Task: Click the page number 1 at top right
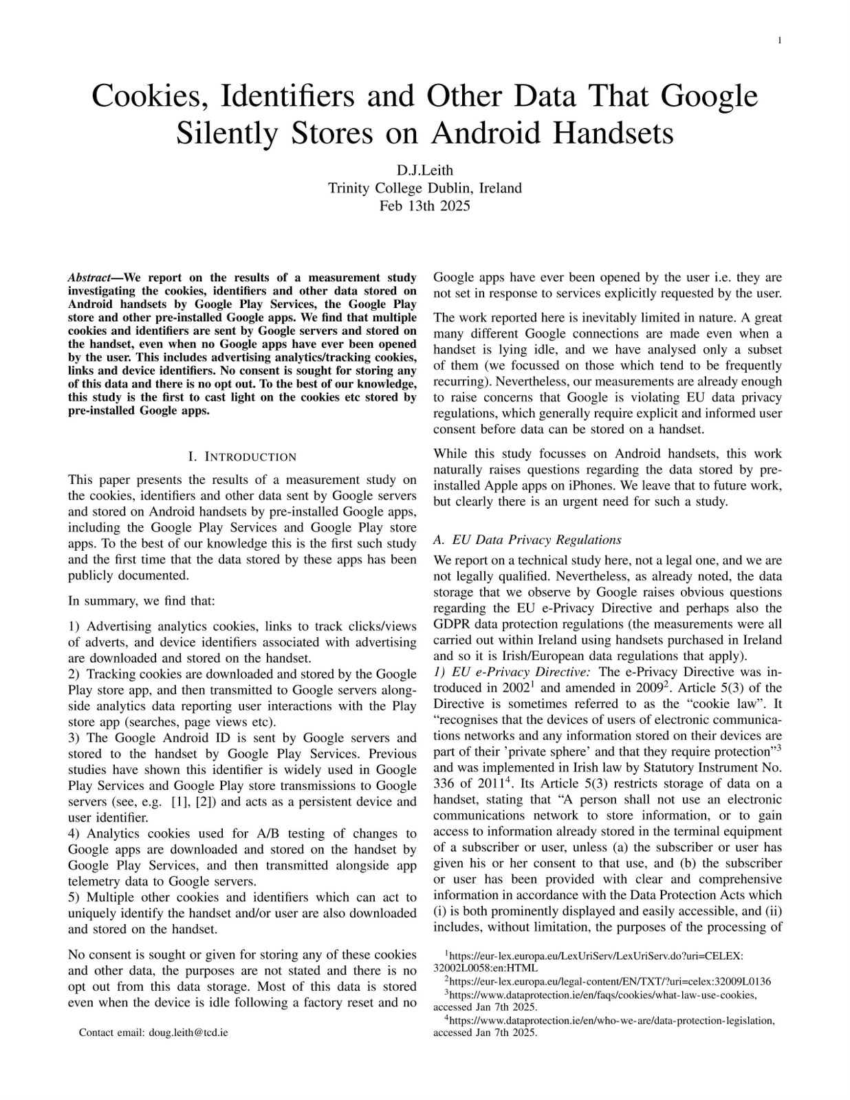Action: [x=779, y=41]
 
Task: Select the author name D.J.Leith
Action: [x=424, y=170]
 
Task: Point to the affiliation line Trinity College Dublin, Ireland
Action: [x=424, y=188]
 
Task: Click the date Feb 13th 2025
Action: [x=424, y=205]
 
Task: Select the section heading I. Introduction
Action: [x=242, y=457]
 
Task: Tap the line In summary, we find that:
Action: [x=142, y=601]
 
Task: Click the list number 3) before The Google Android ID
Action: [x=74, y=738]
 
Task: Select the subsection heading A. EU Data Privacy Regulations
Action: [x=527, y=540]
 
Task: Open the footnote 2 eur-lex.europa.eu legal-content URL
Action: [x=610, y=981]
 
